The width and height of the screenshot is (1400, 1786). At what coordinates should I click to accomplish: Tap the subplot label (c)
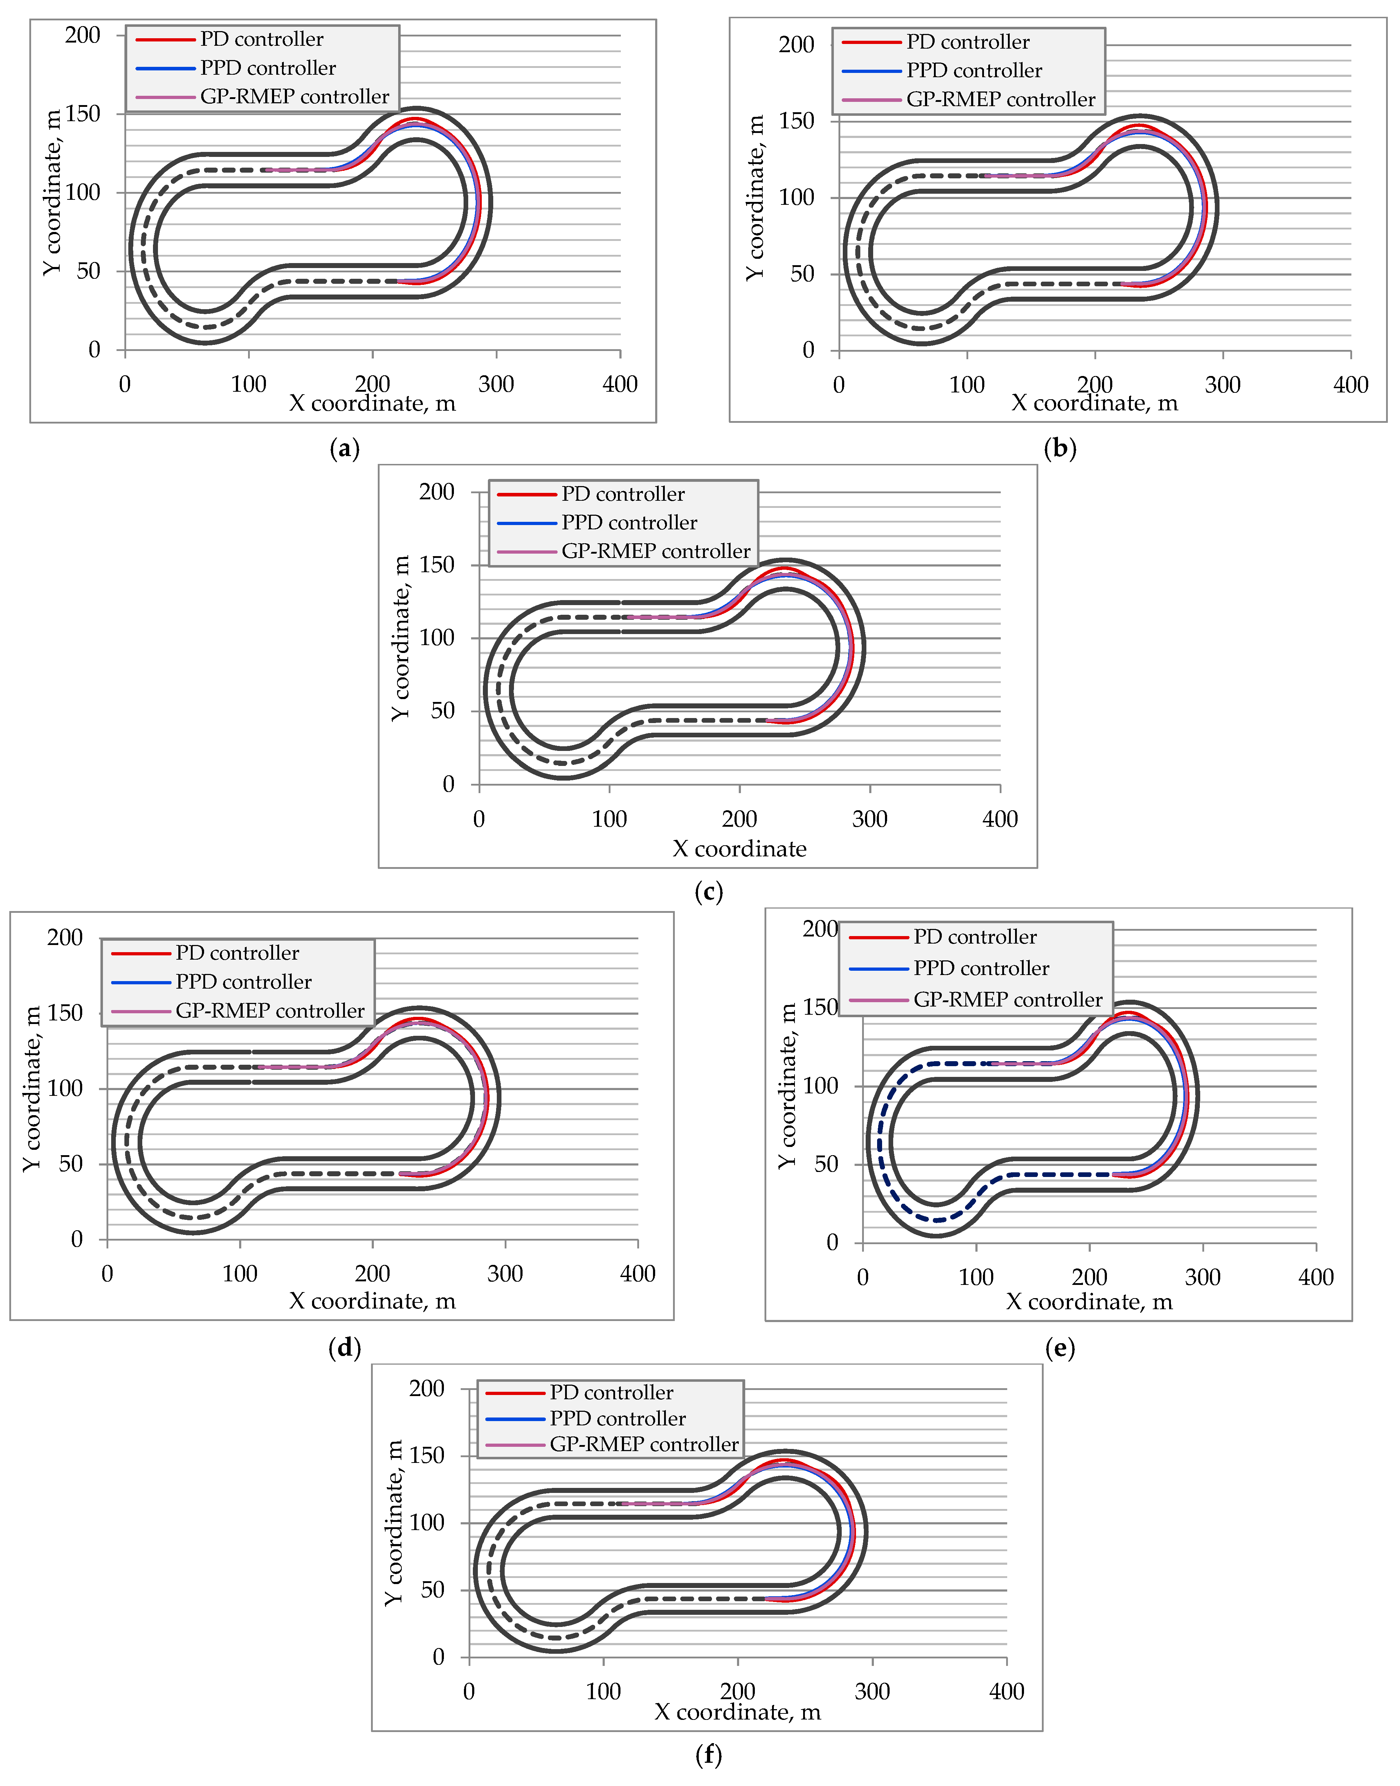(708, 892)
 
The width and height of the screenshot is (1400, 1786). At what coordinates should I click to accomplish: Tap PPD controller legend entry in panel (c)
(629, 523)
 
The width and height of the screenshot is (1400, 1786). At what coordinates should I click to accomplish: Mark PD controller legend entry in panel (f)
(611, 1392)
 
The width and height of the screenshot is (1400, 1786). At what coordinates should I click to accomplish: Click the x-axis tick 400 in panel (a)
(620, 385)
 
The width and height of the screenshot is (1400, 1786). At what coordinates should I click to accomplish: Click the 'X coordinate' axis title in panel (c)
(739, 849)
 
